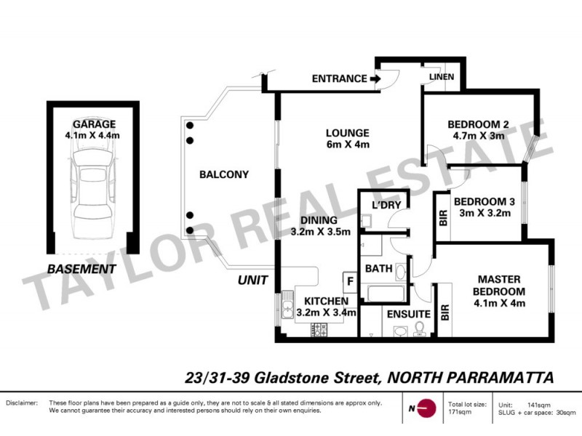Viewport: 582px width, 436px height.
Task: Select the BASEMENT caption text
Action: click(x=81, y=269)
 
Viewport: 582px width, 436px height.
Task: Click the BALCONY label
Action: click(x=223, y=174)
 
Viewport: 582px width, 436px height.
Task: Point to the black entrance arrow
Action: click(x=375, y=78)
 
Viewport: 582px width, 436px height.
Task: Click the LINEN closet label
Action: click(x=442, y=77)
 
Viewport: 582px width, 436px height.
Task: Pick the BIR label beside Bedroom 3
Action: click(x=442, y=219)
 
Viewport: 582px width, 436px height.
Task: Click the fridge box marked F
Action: click(x=350, y=281)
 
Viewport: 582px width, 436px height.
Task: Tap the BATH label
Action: click(x=378, y=269)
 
